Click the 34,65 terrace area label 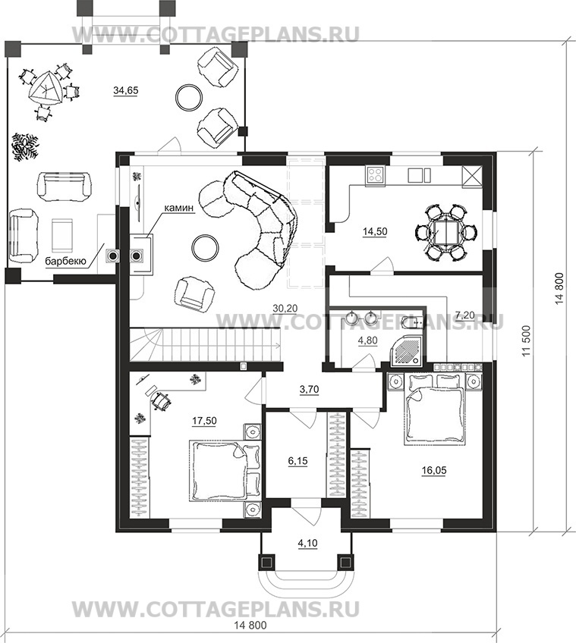(x=126, y=91)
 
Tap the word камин (x=178, y=208)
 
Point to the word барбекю (x=65, y=261)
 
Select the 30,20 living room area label (x=285, y=309)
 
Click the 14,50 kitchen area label (x=375, y=232)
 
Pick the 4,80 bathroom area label (x=368, y=340)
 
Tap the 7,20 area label (x=464, y=315)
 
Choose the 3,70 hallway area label (x=309, y=390)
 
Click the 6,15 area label (x=297, y=461)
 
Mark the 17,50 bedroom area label (x=204, y=421)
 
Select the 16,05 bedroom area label (x=434, y=470)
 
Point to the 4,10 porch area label (x=307, y=544)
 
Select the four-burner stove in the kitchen (x=376, y=175)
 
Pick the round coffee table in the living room (x=206, y=247)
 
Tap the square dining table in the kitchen (x=445, y=232)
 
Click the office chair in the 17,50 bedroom (x=161, y=400)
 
